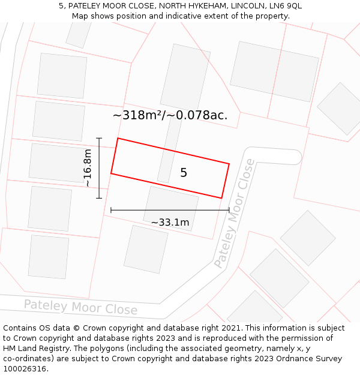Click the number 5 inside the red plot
coord(184,173)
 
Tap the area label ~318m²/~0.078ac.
coord(170,115)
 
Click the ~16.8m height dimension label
coord(88,168)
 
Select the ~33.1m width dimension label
coord(170,223)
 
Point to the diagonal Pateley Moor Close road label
coord(235,213)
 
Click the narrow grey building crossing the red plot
coord(169,150)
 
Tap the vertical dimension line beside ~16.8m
coord(99,168)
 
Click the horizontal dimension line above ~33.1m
coord(170,210)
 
